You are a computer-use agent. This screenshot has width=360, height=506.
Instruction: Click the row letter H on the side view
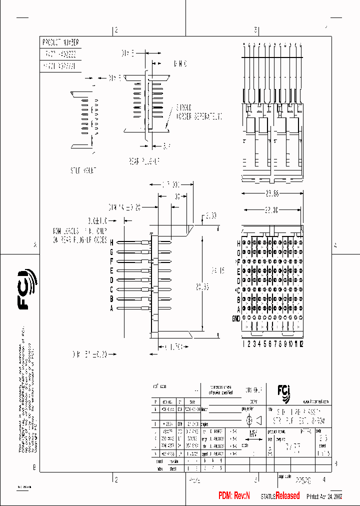point(112,242)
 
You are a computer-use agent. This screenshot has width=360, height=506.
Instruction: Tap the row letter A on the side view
point(112,308)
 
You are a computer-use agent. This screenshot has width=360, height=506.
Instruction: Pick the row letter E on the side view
point(112,270)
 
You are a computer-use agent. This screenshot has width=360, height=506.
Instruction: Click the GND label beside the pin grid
point(235,318)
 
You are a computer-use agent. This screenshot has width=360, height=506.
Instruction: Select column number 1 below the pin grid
point(243,343)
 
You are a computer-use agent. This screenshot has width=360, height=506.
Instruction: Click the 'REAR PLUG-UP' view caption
point(144,161)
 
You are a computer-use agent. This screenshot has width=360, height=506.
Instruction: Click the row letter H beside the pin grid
point(238,243)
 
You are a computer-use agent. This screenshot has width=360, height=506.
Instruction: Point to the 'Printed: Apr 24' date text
point(323,496)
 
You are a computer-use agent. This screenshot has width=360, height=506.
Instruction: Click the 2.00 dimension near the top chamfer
point(210,216)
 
